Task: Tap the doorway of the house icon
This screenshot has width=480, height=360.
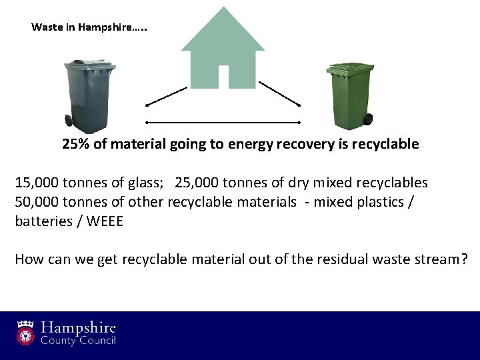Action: pos(223,76)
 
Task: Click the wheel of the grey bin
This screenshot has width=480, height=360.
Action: pos(69,121)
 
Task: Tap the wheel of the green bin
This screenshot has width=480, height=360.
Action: pos(367,120)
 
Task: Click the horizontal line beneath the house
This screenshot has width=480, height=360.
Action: pos(223,123)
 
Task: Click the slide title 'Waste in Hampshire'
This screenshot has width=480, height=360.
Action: pos(89,28)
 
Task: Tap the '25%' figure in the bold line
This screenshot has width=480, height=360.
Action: pos(76,144)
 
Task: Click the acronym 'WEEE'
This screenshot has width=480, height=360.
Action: pos(105,221)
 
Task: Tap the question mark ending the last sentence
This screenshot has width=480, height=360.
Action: pos(464,259)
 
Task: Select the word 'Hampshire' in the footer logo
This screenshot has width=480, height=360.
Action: pos(78,327)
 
